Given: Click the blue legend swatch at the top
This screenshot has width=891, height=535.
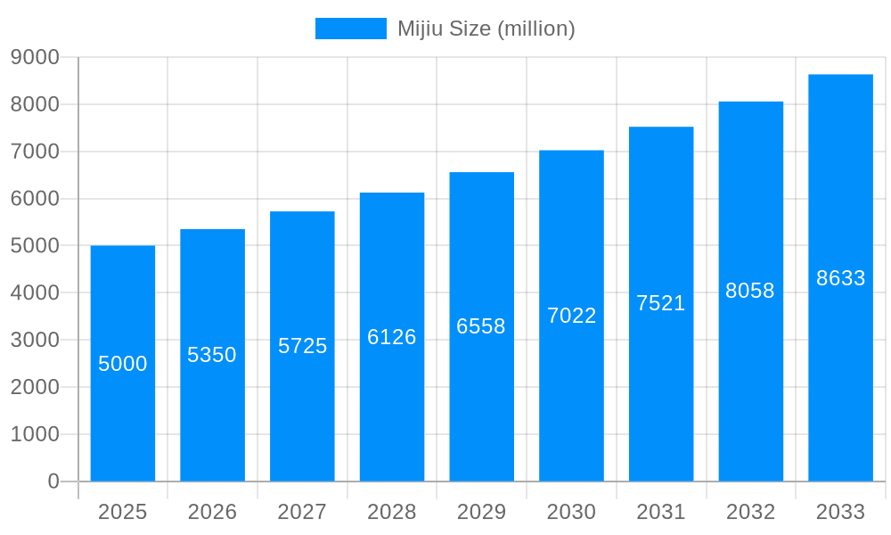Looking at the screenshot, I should click(350, 29).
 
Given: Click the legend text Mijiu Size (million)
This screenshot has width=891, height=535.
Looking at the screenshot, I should click(486, 29).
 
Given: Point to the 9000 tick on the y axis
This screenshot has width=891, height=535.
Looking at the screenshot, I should click(35, 57).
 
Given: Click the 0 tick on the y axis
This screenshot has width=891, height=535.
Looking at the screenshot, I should click(53, 481).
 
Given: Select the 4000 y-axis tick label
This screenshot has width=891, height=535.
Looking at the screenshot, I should click(35, 292).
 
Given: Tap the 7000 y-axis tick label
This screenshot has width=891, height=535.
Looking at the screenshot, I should click(35, 152).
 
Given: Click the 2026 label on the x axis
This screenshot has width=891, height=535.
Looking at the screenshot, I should click(212, 512).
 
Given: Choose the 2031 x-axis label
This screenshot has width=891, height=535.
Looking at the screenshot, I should click(661, 512).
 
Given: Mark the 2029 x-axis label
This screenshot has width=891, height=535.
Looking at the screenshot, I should click(481, 512).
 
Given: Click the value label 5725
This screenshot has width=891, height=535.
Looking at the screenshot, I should click(303, 346).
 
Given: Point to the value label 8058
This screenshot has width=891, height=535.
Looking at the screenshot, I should click(750, 291).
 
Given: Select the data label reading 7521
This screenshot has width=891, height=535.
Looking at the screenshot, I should click(661, 303).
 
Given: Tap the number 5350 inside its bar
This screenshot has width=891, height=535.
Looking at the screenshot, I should click(212, 355).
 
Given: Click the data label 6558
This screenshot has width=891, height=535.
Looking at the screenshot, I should click(481, 326).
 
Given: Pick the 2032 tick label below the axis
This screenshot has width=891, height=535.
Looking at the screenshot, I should click(750, 512).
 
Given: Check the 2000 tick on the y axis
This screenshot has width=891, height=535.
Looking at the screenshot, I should click(35, 387).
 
